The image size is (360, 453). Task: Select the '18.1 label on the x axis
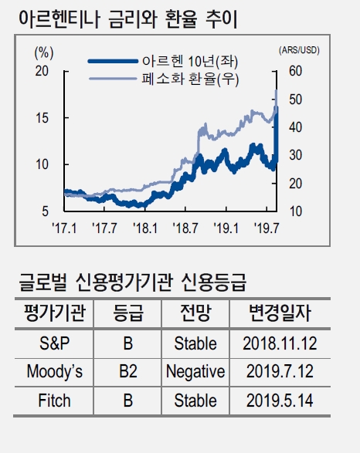click(144, 228)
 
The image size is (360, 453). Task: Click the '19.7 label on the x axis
click(267, 228)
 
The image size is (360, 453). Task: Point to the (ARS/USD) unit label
click(302, 50)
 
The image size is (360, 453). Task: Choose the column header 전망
click(195, 313)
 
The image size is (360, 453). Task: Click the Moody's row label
click(55, 371)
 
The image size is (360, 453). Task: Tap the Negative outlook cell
click(195, 371)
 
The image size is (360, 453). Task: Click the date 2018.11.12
click(279, 342)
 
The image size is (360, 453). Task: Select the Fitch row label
click(55, 401)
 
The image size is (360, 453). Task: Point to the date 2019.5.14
click(279, 401)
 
